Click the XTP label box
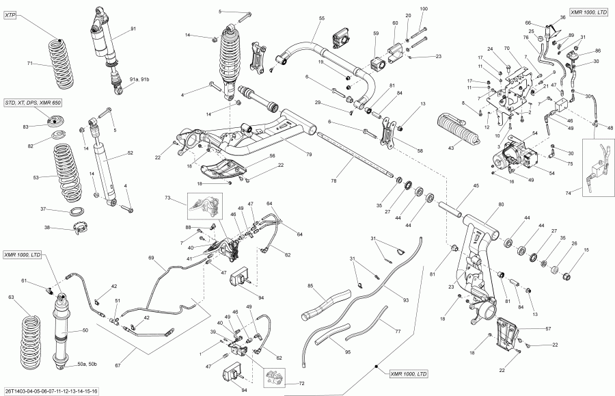pos(11,14)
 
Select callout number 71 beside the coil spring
pos(29,64)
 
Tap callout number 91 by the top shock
pos(133,28)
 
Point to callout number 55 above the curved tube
pos(321,17)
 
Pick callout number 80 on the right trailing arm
pos(502,204)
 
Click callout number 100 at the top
pos(423,8)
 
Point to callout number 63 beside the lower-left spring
pos(10,297)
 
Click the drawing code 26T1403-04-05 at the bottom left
pos(49,391)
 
